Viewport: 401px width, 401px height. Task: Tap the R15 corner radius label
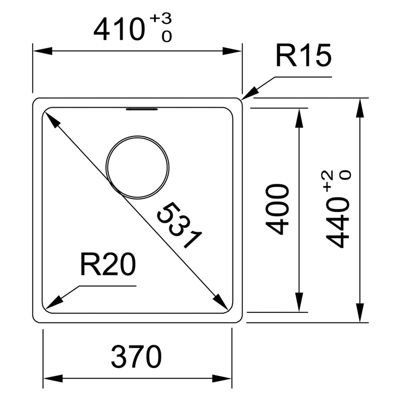coord(303,56)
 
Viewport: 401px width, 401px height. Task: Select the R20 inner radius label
coord(108,265)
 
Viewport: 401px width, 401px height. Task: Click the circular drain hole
coord(138,167)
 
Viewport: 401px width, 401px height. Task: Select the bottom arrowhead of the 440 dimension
coord(361,315)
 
